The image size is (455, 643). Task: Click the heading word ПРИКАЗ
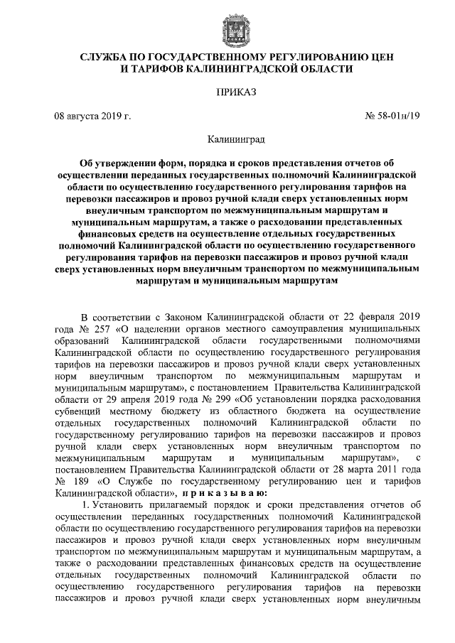pyautogui.click(x=227, y=92)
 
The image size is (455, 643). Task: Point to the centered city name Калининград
pyautogui.click(x=227, y=140)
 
